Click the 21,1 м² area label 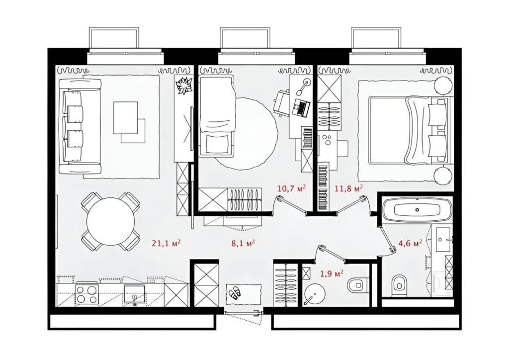coord(166,243)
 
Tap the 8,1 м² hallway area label coord(243,243)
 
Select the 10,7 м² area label coord(291,188)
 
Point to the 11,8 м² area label coord(348,188)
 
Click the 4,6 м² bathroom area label coord(410,243)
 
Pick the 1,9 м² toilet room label coord(332,274)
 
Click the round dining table coord(110,221)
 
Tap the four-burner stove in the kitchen coord(86,294)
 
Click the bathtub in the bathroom coord(417,210)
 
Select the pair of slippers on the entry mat coord(235,293)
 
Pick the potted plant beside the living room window coord(184,86)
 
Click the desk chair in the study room coord(281,103)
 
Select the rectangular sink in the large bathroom coord(442,240)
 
